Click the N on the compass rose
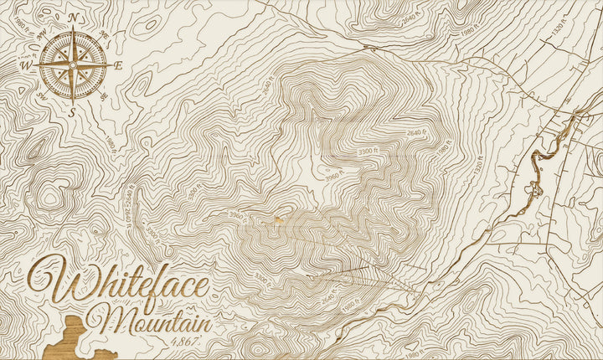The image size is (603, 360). click(74, 18)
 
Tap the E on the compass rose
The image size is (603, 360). click(118, 65)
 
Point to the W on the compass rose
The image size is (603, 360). click(27, 64)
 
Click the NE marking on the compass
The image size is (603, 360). click(105, 34)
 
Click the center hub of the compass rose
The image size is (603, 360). click(73, 64)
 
